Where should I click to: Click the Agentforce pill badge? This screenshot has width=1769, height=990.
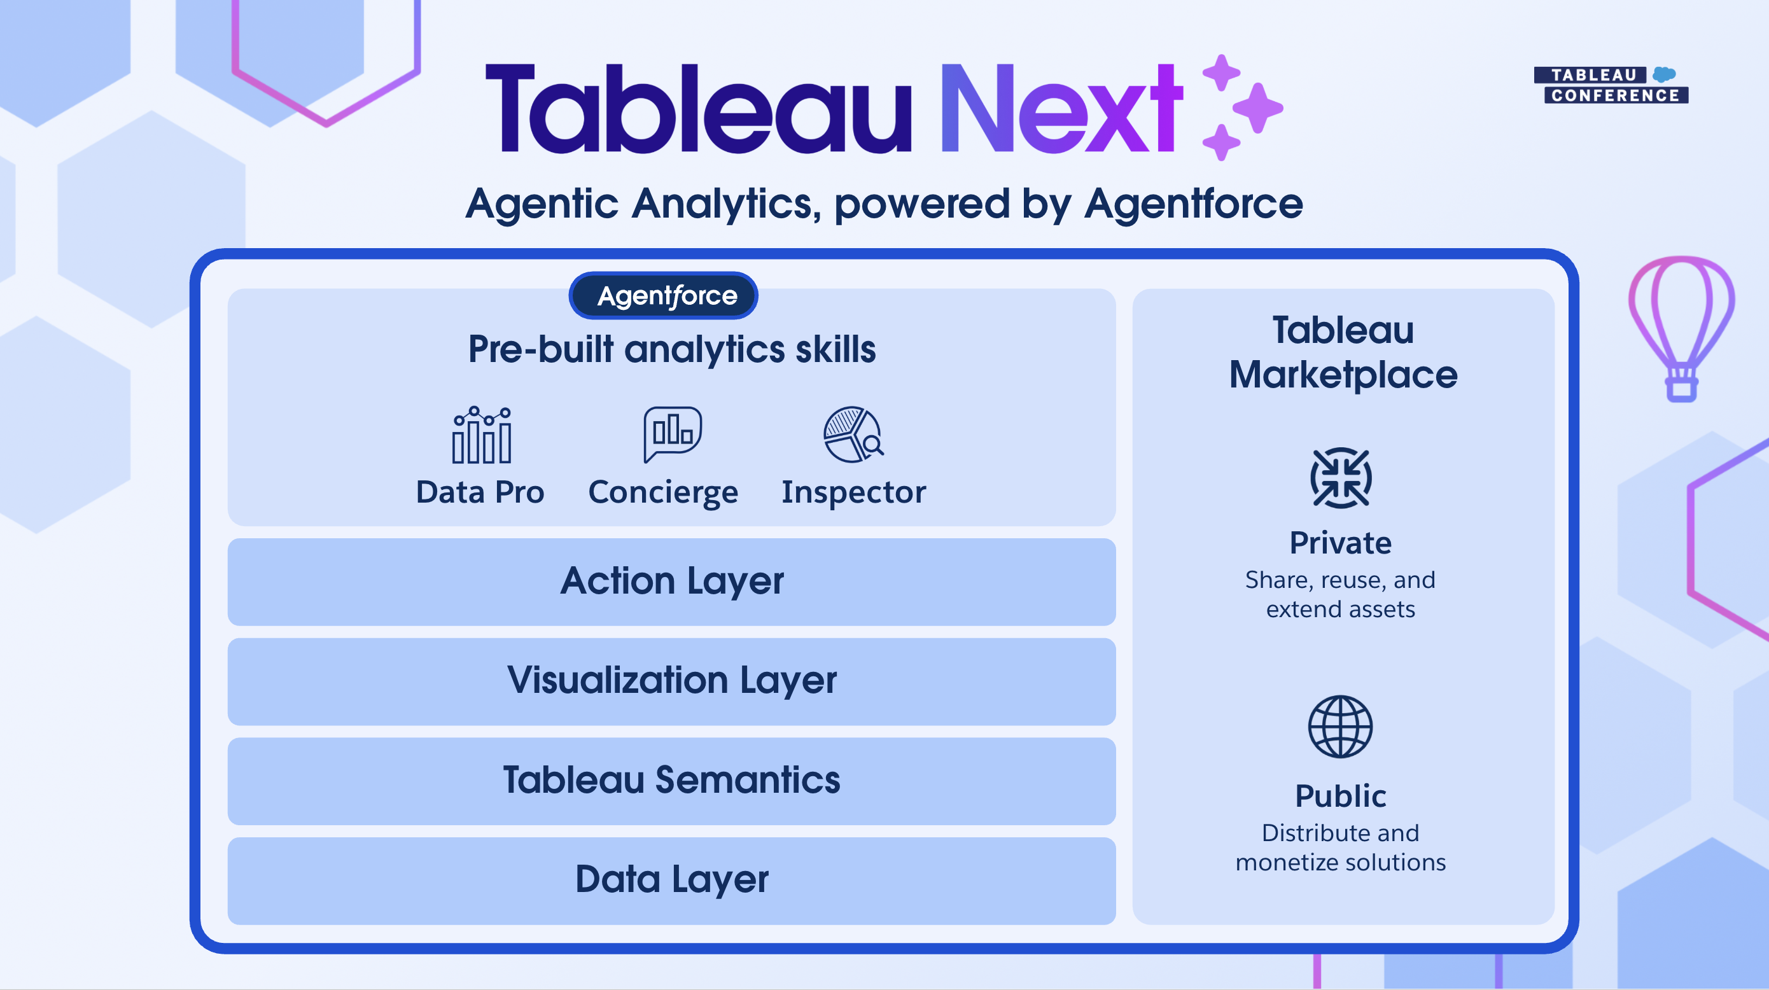pos(663,295)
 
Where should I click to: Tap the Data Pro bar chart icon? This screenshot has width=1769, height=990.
pos(482,435)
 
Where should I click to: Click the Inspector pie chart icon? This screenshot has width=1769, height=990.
pos(853,435)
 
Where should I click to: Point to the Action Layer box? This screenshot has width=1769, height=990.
pos(671,582)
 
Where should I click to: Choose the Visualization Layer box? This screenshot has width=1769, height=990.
pos(671,681)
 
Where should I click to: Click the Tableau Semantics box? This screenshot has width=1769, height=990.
pos(671,781)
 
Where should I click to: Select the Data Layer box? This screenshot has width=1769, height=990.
pos(671,880)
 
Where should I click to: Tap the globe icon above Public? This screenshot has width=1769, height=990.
pos(1341,727)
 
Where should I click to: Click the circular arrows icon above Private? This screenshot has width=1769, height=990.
pos(1341,478)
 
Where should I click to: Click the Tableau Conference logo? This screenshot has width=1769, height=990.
pos(1611,85)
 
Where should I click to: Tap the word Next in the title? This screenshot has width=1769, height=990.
pos(1061,108)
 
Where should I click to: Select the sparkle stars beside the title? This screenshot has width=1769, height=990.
pos(1241,107)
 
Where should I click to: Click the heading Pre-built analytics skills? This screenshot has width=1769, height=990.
pos(671,349)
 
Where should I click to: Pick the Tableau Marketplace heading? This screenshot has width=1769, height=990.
pos(1343,352)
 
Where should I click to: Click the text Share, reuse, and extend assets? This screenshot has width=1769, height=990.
pos(1341,594)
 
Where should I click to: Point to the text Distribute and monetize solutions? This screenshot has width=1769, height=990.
pos(1341,847)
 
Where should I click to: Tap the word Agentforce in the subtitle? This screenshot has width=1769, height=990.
pos(1194,204)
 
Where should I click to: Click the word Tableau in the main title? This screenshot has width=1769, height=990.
pos(699,108)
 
